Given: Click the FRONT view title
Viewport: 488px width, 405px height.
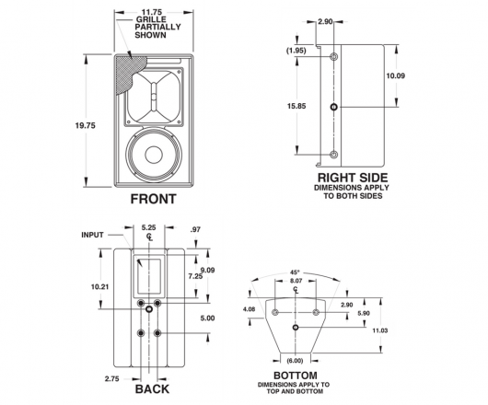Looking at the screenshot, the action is tap(153, 199).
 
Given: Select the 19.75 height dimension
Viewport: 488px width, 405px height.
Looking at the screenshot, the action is tap(86, 126).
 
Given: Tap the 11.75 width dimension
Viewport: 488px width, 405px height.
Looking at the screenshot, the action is tap(152, 12).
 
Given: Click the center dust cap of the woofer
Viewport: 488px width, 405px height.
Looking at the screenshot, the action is tap(154, 155).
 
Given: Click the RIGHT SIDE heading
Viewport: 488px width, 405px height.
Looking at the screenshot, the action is tap(353, 178).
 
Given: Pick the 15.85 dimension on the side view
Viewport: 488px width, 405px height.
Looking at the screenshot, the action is tap(296, 106).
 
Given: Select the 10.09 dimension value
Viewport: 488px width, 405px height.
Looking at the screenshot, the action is tap(396, 75).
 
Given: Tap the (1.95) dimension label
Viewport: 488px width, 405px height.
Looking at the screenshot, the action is tap(296, 51).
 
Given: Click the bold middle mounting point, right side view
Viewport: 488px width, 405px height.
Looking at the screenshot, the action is tap(333, 107).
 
